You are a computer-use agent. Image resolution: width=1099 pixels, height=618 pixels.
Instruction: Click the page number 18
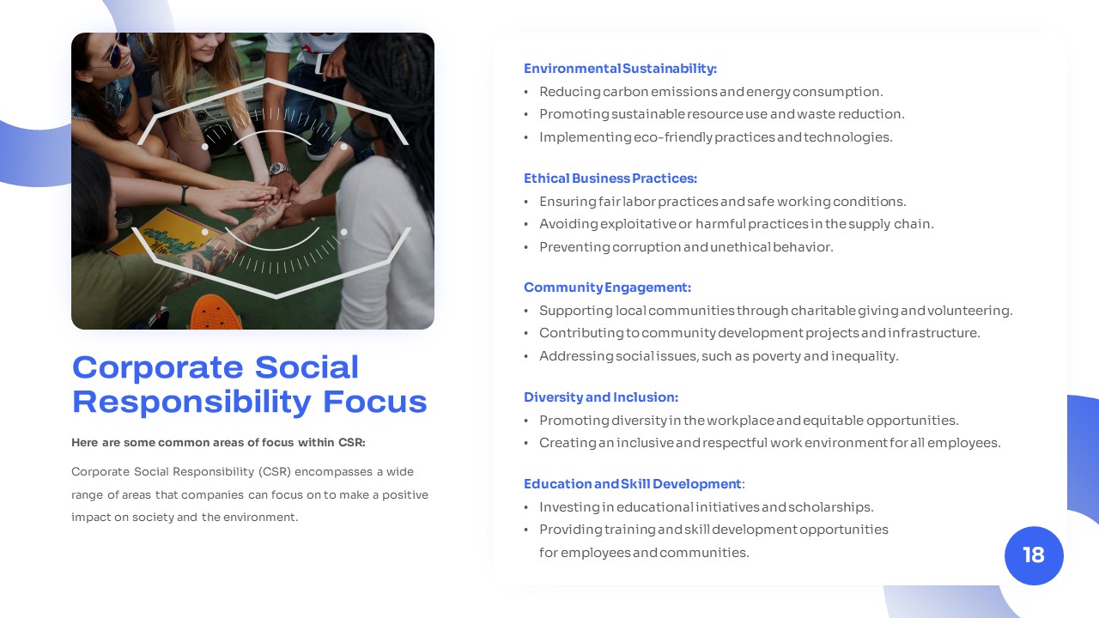1033,555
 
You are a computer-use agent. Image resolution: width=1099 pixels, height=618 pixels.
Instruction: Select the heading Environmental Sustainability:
620,69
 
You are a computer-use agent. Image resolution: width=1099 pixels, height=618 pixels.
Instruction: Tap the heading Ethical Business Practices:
610,178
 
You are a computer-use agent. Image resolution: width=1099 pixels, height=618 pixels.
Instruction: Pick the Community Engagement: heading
607,288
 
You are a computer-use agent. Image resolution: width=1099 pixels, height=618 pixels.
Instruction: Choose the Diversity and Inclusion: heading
601,397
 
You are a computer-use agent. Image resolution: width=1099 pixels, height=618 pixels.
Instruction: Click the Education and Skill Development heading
633,484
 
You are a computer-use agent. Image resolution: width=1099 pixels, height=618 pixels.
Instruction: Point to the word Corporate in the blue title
157,367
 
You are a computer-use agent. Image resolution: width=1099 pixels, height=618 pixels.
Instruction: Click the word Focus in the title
375,402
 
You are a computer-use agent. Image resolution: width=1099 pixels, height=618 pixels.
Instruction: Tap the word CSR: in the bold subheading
352,442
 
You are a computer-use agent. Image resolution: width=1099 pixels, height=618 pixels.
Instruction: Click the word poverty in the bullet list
776,356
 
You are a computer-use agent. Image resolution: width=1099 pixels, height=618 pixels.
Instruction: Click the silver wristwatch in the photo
280,169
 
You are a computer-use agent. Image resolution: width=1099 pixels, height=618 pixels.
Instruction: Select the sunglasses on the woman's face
118,49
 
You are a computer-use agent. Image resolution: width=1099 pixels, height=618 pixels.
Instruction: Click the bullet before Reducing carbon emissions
526,92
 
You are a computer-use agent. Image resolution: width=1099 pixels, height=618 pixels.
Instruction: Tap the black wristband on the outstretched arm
184,196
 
